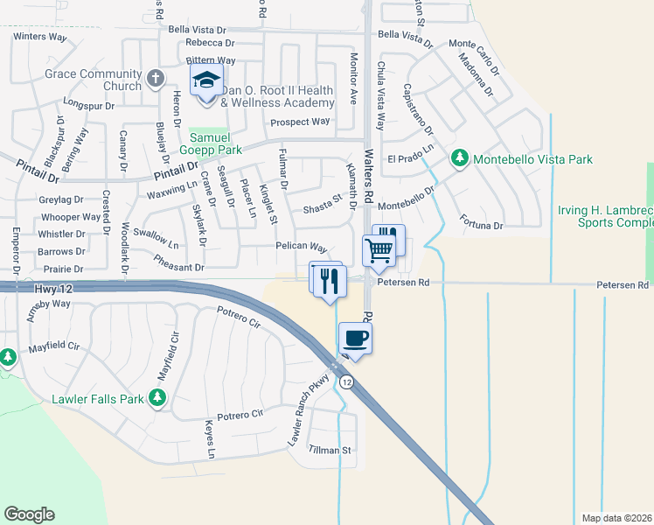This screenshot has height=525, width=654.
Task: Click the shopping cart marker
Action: pos(378,250)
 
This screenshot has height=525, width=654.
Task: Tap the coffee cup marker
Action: pos(356,338)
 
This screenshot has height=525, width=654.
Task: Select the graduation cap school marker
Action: pos(206,81)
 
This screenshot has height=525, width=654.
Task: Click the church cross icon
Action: pos(156,80)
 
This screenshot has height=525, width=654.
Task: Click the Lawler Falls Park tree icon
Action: pos(157,399)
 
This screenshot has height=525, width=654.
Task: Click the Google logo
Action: pos(29,514)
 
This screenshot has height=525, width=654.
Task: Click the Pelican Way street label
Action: pos(301,248)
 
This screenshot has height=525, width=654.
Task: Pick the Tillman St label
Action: pos(332,451)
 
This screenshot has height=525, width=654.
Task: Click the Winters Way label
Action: pos(40,37)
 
